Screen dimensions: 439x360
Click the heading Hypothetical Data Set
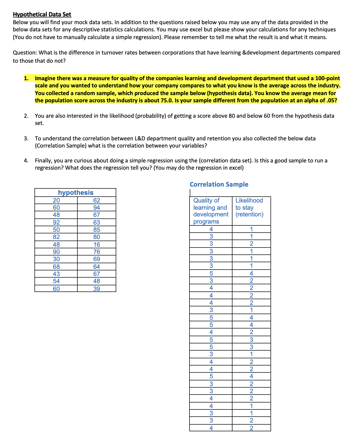click(x=42, y=14)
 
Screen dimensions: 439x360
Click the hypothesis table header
click(x=76, y=193)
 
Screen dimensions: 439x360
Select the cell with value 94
click(x=97, y=207)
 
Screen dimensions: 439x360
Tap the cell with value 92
click(x=56, y=222)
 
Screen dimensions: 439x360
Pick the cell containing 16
click(x=97, y=244)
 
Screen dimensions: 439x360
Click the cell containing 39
click(x=97, y=289)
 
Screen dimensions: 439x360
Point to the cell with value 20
click(x=56, y=200)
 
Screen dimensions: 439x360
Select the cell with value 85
click(x=97, y=230)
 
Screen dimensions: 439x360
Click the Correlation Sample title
click(x=219, y=184)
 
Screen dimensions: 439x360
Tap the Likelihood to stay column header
click(x=249, y=207)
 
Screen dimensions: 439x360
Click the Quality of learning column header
click(x=210, y=211)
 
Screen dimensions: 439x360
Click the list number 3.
click(x=26, y=139)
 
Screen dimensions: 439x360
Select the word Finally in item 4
click(x=43, y=161)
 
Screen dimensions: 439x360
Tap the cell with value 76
click(x=97, y=252)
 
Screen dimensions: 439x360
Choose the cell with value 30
click(x=56, y=259)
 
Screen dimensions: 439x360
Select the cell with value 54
click(x=56, y=281)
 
